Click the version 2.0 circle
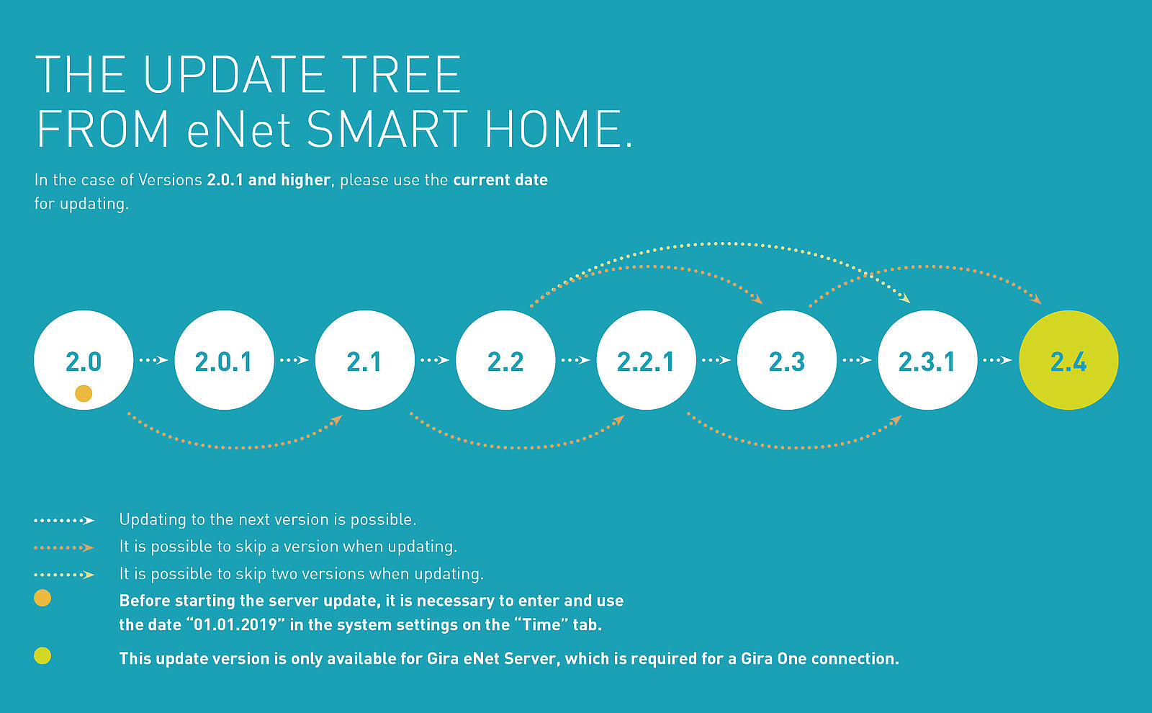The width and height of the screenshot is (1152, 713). click(x=84, y=360)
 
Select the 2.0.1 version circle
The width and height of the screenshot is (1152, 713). click(x=224, y=360)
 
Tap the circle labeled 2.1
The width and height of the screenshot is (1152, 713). click(x=364, y=360)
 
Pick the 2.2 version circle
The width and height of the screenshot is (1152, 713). click(x=505, y=360)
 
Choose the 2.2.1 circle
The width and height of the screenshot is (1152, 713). click(x=646, y=360)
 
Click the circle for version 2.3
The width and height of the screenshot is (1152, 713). click(x=787, y=360)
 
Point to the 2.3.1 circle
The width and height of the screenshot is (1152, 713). click(x=927, y=360)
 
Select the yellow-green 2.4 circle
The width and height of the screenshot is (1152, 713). click(x=1068, y=360)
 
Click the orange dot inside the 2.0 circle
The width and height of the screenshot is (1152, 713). click(x=84, y=393)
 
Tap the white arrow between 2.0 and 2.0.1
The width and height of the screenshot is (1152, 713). click(x=154, y=360)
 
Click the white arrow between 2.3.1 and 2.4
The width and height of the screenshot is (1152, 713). click(x=998, y=360)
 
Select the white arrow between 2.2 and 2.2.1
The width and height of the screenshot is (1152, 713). click(x=576, y=360)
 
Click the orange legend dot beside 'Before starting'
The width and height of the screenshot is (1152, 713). click(x=42, y=598)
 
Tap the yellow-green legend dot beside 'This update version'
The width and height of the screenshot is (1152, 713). click(x=42, y=656)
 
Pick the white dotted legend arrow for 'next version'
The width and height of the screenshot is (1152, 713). click(x=64, y=521)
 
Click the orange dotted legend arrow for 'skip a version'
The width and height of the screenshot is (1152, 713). click(x=64, y=548)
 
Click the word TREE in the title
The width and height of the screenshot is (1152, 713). click(x=402, y=75)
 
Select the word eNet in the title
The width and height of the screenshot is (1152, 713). click(x=239, y=129)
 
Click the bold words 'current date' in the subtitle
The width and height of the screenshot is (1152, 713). click(x=500, y=180)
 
